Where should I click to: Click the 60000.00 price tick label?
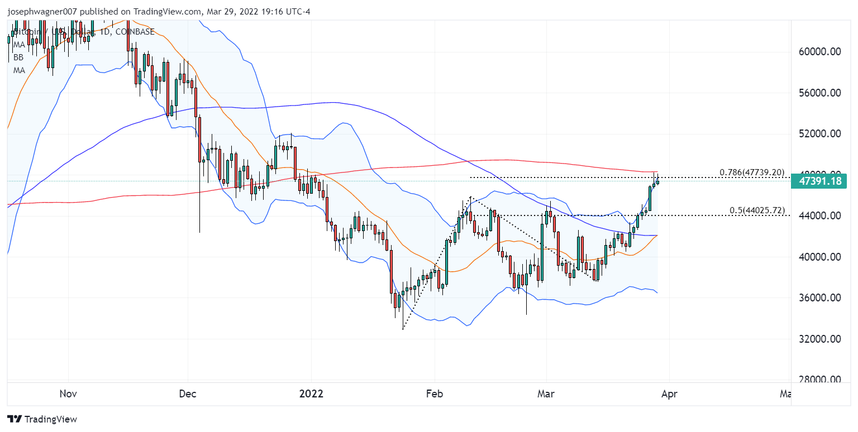coord(820,52)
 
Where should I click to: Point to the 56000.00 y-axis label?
coord(820,93)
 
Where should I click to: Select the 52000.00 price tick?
coord(820,134)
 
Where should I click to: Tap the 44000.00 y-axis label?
coord(820,216)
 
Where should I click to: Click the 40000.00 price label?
coord(820,257)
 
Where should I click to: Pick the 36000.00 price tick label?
coord(820,298)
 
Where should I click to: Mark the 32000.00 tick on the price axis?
coord(820,339)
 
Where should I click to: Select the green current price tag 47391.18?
coord(820,181)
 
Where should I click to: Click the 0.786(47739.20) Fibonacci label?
coord(752,172)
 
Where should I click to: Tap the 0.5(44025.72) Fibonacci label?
coord(757,210)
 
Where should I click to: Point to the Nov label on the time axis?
coord(68,393)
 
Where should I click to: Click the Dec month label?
coord(188,393)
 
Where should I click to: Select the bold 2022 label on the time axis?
coord(311,393)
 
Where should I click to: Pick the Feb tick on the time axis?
coord(434,393)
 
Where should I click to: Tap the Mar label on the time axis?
coord(546,393)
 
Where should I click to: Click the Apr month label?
coord(669,393)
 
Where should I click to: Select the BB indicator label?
coord(18,57)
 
